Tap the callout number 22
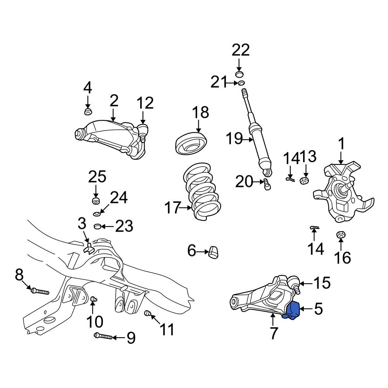pos(241,50)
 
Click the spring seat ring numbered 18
pos(191,144)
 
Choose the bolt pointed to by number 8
pos(40,291)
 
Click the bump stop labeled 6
pos(213,252)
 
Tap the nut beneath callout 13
pos(304,180)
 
